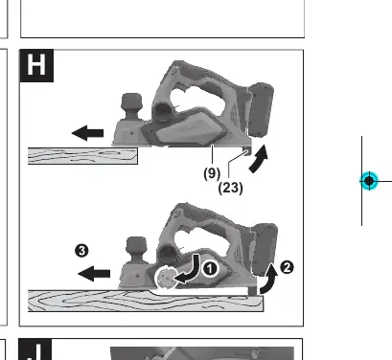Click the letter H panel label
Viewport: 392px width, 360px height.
36,65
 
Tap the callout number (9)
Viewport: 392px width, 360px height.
212,173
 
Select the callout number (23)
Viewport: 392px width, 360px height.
230,188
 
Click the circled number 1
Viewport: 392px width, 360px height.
210,269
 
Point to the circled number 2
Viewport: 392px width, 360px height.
287,267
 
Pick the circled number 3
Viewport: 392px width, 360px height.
81,251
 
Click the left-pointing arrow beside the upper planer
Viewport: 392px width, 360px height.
87,133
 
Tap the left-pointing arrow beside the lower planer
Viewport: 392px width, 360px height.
94,274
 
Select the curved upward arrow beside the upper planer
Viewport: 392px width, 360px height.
258,160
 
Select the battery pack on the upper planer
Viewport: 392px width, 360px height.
260,109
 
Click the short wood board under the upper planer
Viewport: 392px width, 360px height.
82,156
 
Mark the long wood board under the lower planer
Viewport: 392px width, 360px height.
146,301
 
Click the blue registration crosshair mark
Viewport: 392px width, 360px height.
369,181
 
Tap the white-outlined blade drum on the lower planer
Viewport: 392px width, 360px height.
166,278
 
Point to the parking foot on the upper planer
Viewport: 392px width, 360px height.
246,151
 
